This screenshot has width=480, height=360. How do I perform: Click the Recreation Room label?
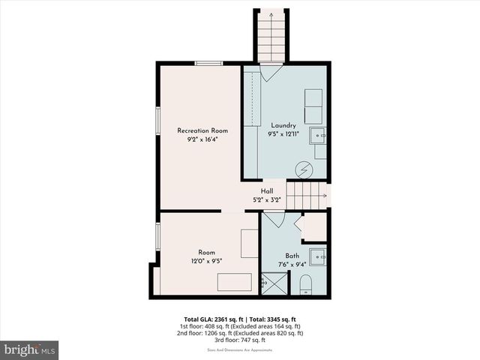tap(202, 130)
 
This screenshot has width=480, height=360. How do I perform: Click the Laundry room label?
tap(283, 125)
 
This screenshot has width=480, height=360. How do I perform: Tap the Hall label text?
tap(267, 191)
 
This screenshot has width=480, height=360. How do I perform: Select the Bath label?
tap(292, 256)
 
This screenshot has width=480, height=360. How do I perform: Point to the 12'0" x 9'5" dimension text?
tap(206, 262)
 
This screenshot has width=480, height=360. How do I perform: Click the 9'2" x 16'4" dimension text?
tap(202, 139)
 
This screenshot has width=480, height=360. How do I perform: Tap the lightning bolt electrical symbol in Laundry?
tap(305, 169)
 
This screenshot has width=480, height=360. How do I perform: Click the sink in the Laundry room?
tap(317, 136)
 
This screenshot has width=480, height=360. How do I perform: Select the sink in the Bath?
tap(317, 256)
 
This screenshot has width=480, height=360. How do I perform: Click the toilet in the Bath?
tap(305, 284)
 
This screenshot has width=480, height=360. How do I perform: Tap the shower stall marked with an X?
tap(274, 283)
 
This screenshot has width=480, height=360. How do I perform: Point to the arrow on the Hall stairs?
tap(322, 196)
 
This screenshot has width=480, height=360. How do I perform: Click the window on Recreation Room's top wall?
tap(208, 64)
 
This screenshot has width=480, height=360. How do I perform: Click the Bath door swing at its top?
tap(273, 219)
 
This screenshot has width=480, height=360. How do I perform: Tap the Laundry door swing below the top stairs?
tap(271, 72)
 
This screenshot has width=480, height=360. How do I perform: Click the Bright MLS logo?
tap(30, 349)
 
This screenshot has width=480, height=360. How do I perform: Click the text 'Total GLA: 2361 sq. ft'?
tap(213, 319)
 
